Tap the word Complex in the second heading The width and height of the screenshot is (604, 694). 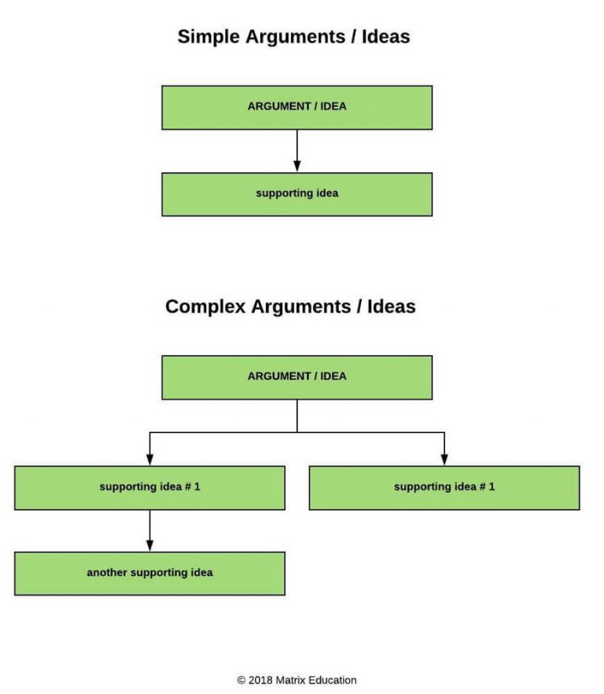(205, 307)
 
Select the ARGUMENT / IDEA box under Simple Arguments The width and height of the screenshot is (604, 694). (296, 107)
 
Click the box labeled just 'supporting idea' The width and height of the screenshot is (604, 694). (296, 194)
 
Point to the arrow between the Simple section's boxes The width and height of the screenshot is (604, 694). (296, 151)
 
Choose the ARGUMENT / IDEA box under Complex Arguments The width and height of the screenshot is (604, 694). (296, 377)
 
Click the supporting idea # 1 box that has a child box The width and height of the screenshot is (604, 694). (149, 487)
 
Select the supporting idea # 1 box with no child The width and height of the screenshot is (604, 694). (444, 487)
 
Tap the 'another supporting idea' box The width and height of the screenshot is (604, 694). (149, 573)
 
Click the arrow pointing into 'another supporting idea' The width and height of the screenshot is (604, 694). (149, 532)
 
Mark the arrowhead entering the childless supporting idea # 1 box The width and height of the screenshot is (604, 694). (444, 459)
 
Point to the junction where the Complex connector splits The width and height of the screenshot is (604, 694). (296, 432)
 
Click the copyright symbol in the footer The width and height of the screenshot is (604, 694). (241, 681)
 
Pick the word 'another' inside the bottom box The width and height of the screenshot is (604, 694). (106, 573)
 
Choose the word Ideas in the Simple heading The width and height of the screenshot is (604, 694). (385, 36)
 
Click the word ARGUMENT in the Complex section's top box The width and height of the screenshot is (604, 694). (276, 376)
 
